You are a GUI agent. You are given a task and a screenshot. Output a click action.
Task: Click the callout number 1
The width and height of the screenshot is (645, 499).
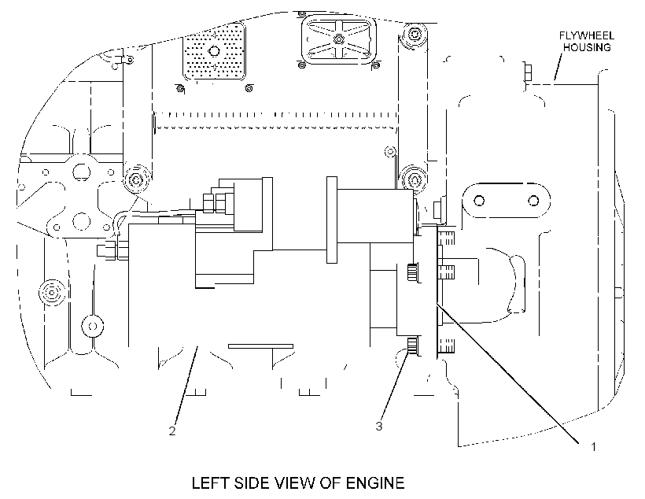(x=593, y=447)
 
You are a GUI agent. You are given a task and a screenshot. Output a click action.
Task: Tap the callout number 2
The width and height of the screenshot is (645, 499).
(x=172, y=431)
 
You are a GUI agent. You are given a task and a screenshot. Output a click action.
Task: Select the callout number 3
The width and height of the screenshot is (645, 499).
(x=379, y=426)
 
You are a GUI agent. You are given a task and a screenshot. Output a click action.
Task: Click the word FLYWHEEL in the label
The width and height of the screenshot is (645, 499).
(x=587, y=35)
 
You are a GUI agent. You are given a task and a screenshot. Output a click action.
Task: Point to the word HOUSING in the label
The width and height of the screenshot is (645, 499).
(x=587, y=47)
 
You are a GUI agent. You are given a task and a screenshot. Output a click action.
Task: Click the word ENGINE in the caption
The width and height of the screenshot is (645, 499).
(x=375, y=483)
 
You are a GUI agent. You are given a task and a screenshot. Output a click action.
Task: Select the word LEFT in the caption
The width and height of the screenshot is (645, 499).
(x=211, y=483)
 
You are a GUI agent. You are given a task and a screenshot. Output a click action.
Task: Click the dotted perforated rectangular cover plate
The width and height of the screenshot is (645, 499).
(x=214, y=51)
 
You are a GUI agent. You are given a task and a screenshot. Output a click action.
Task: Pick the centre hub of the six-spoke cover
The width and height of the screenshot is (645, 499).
(x=338, y=39)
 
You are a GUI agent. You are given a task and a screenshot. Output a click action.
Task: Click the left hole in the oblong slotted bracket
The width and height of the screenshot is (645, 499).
(x=479, y=201)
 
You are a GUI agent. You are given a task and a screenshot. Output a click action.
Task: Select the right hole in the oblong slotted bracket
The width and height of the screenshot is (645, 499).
(x=533, y=201)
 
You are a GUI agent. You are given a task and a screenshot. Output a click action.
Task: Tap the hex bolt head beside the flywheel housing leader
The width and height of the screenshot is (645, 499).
(x=528, y=72)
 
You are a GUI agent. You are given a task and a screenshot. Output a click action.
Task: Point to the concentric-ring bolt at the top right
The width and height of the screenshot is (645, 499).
(x=415, y=33)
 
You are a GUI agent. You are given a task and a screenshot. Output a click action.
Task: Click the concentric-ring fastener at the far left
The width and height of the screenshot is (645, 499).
(x=52, y=293)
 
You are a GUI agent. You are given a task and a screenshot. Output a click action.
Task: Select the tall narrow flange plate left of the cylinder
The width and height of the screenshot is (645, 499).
(x=332, y=220)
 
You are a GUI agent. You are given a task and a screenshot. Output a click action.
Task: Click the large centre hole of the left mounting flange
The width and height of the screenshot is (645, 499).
(x=82, y=172)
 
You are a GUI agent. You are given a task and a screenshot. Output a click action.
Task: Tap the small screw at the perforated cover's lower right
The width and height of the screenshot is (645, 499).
(x=249, y=88)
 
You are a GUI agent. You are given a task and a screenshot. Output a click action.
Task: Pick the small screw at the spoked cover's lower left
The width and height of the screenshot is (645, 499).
(x=301, y=65)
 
